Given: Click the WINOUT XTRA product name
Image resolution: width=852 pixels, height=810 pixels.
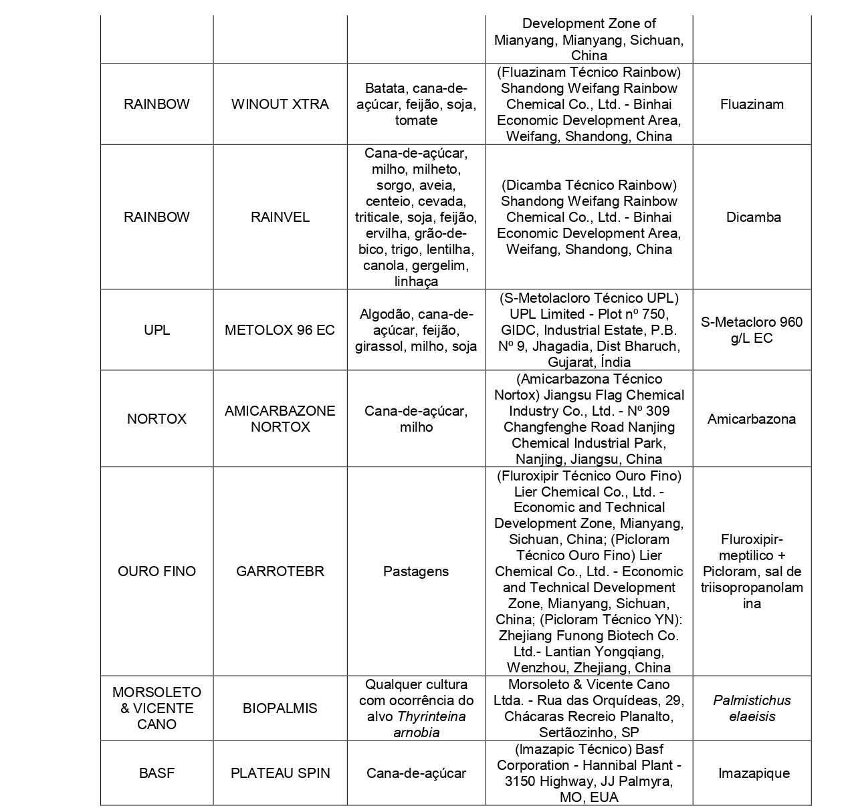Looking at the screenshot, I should click(x=280, y=104).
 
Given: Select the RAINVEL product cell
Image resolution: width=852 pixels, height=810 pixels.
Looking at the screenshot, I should click(x=280, y=217).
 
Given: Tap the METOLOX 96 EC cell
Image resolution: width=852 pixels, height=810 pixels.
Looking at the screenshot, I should click(x=280, y=330).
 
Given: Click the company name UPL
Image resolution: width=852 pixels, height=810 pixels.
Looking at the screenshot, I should click(x=156, y=330).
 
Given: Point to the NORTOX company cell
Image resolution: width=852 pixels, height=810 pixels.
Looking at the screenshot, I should click(x=156, y=419).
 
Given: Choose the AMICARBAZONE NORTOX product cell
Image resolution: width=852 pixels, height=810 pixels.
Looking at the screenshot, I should click(x=280, y=419).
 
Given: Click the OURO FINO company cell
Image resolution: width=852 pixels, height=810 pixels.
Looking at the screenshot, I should click(x=156, y=571).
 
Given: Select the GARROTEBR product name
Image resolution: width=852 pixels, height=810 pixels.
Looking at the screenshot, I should click(x=280, y=571).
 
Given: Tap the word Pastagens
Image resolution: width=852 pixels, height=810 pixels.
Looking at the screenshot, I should click(x=416, y=571).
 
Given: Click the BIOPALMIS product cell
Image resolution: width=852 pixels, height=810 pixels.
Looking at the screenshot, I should click(x=280, y=708).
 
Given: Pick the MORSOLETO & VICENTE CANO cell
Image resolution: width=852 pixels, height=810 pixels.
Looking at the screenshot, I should click(x=156, y=708).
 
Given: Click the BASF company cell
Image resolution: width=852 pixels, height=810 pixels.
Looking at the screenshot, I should click(x=156, y=773).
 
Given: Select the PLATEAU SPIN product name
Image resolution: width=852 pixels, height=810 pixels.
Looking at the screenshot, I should click(x=280, y=773).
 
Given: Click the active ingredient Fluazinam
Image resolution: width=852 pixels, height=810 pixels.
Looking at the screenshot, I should click(x=752, y=104).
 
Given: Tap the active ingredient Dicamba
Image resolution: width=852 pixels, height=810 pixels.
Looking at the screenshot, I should click(x=752, y=217).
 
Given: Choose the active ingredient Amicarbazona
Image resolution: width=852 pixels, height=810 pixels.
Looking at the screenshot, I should click(x=752, y=419).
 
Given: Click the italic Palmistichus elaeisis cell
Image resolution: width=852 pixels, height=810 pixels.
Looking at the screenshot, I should click(x=752, y=708).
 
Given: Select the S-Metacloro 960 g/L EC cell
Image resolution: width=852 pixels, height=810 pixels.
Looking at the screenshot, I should click(x=752, y=330).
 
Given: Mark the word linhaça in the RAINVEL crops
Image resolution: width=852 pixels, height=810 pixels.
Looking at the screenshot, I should click(x=416, y=281).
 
